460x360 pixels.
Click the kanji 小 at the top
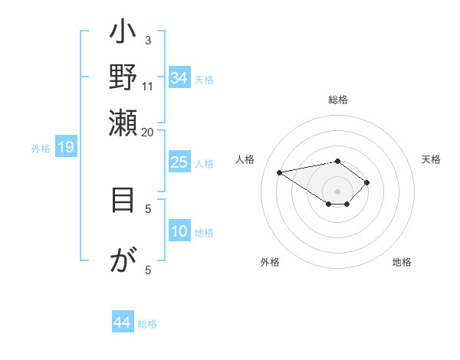(123, 35)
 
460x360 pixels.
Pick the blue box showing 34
(179, 77)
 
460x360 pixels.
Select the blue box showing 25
(179, 162)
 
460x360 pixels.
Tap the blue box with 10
(179, 231)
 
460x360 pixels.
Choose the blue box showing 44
(122, 322)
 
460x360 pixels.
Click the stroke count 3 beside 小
(147, 40)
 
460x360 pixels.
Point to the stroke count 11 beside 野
(147, 85)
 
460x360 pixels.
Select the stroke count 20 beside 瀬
(147, 131)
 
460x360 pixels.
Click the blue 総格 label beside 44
(147, 324)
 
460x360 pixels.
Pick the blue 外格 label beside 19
(41, 149)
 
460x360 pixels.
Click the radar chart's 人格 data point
(280, 172)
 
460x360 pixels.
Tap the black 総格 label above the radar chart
(338, 100)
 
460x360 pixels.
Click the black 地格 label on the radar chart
(402, 262)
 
